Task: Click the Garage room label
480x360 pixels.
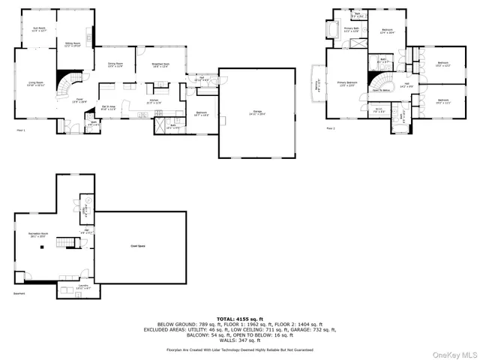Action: click(x=257, y=112)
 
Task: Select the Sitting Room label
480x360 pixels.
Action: click(x=73, y=46)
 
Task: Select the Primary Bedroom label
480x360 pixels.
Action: click(x=346, y=83)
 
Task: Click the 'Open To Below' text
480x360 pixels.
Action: click(x=382, y=90)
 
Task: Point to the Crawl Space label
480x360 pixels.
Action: click(x=139, y=245)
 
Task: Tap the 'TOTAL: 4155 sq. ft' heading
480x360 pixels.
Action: click(x=240, y=318)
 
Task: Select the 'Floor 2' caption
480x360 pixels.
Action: click(x=331, y=128)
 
